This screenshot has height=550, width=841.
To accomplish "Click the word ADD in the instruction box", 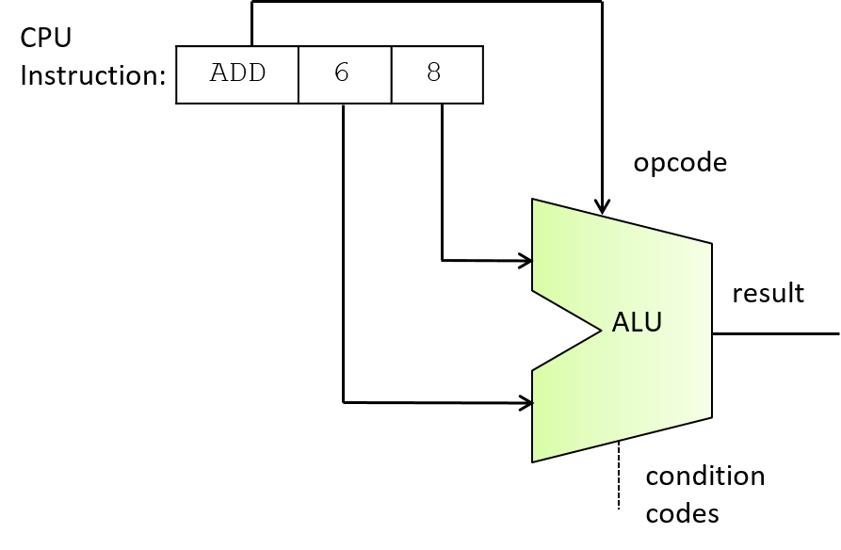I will [237, 73].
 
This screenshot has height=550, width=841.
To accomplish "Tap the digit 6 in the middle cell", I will [342, 73].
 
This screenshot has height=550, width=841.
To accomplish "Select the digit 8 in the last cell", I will [434, 73].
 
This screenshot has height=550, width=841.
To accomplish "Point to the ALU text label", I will [637, 323].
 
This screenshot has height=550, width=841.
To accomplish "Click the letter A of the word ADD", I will [219, 73].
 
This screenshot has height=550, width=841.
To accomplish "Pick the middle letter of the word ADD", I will [237, 73].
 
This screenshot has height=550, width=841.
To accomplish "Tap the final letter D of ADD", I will [256, 73].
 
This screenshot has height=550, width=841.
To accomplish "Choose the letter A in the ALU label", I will [621, 323].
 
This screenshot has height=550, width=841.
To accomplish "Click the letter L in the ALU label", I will [637, 323].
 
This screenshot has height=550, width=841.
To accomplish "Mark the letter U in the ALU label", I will [653, 323].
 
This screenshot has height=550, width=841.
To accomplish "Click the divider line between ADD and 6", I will [299, 73].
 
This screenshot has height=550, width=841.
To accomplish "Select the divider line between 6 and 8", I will [391, 73].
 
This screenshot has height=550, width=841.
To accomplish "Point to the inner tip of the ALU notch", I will [601, 330].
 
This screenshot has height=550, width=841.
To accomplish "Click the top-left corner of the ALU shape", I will [534, 201].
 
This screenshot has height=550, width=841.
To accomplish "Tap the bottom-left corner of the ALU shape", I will [534, 461].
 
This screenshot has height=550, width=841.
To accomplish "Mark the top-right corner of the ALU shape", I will [710, 245].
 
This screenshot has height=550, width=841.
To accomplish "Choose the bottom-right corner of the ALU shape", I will [710, 416].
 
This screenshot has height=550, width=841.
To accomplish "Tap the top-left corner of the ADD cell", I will [178, 48].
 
